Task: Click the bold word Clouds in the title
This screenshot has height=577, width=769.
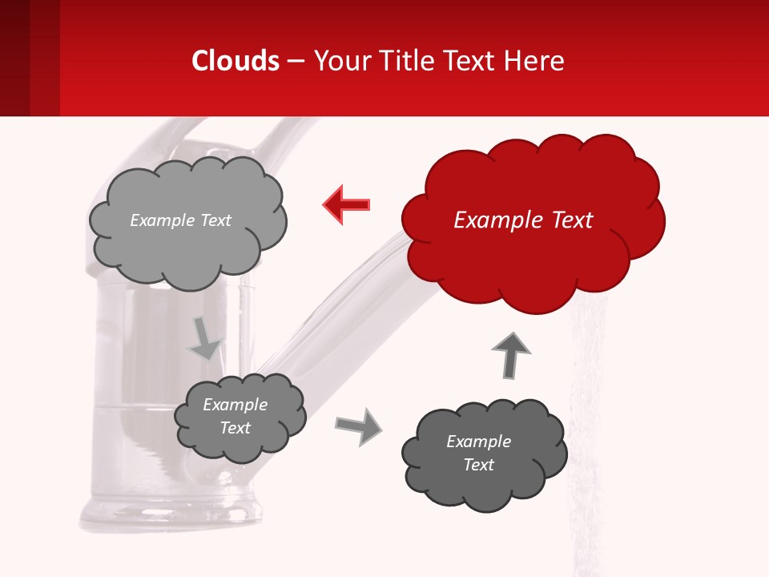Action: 236,61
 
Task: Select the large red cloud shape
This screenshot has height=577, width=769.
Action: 533,256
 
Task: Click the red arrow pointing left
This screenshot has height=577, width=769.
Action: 347,204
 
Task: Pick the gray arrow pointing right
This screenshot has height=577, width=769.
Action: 360,426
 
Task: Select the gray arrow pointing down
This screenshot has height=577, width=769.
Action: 205,338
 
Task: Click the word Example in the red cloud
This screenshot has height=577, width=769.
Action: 491,220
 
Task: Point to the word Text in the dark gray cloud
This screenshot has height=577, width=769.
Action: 479,465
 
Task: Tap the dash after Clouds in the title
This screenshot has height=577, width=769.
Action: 296,61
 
